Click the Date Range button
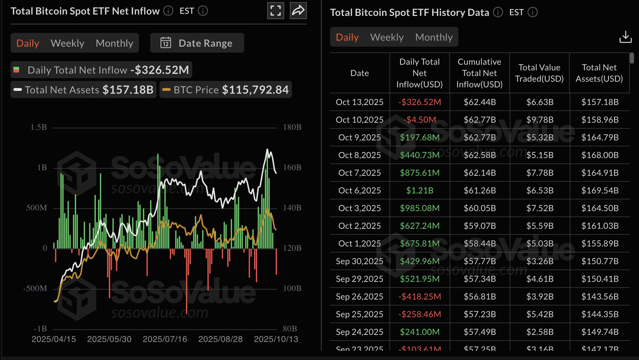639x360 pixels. [197, 43]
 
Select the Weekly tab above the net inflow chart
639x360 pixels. [68, 43]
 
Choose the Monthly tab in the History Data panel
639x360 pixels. [434, 37]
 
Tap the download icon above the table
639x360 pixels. [625, 37]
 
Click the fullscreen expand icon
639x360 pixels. [275, 11]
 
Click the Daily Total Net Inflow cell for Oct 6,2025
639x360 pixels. [420, 191]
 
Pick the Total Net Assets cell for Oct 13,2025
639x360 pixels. [600, 102]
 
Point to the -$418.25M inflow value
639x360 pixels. [420, 297]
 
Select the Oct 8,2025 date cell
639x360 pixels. [359, 155]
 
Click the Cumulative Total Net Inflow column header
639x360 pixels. [479, 73]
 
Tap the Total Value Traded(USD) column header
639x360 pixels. [539, 73]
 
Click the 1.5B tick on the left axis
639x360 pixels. [39, 127]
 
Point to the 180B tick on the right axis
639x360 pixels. [292, 127]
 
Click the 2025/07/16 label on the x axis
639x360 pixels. [165, 339]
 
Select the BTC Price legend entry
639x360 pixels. [226, 90]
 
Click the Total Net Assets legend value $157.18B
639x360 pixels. [128, 90]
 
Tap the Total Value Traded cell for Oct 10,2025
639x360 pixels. [540, 120]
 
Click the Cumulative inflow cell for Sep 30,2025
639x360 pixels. [480, 261]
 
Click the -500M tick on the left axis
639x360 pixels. [35, 289]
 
